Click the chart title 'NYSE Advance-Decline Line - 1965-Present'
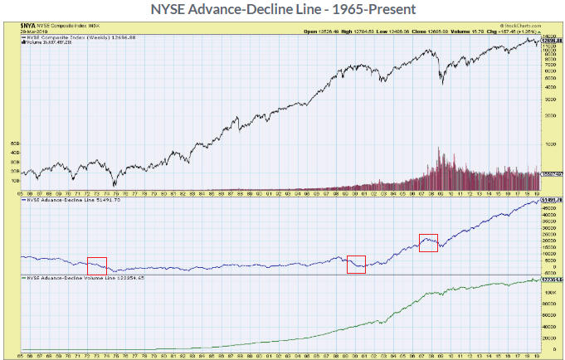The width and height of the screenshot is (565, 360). (x=282, y=9)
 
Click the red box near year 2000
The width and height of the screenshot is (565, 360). (x=356, y=264)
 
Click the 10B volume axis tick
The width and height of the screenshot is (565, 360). (x=14, y=179)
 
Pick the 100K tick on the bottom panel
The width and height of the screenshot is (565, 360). (x=548, y=292)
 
